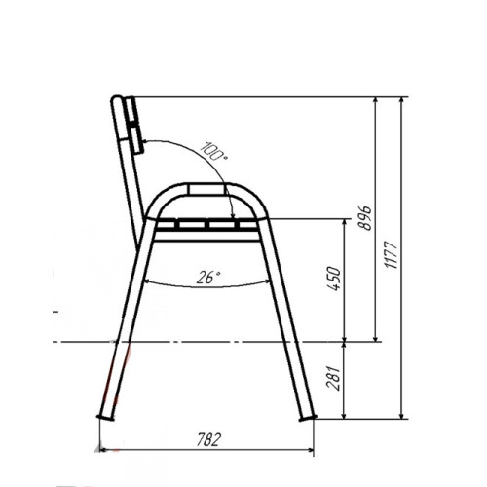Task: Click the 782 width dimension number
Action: tap(209, 439)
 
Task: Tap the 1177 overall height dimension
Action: tap(391, 255)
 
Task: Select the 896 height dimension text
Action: tap(364, 217)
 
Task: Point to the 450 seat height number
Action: tap(334, 279)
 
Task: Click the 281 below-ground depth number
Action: tap(334, 378)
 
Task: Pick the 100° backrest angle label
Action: tap(214, 151)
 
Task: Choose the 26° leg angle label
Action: tap(208, 278)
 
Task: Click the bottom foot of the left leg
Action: tap(105, 418)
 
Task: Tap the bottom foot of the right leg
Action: tap(307, 418)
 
